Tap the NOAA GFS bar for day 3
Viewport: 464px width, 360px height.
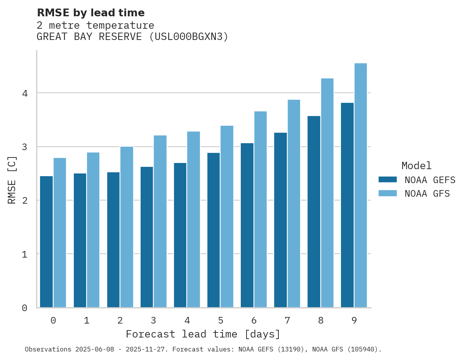[x=160, y=221]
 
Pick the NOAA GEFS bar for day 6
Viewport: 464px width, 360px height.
[x=247, y=225]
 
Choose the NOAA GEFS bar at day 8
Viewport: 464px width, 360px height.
[x=314, y=211]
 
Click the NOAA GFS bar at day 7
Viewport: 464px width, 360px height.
[x=294, y=204]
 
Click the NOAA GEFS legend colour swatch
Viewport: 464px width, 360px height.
[x=388, y=180]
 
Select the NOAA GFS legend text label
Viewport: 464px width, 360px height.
[x=427, y=194]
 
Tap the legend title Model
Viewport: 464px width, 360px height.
[x=416, y=166]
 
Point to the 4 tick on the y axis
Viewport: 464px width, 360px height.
[x=24, y=93]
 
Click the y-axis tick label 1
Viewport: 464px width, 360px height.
[x=24, y=254]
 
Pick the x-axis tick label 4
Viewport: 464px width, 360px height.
[x=187, y=321]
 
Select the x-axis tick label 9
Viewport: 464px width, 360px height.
[x=354, y=321]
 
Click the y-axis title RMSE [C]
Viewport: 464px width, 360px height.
[x=12, y=180]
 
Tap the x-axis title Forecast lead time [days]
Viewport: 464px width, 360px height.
[x=203, y=334]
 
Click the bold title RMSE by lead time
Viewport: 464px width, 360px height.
[x=90, y=13]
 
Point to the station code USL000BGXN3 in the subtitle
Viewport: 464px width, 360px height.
[x=188, y=37]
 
